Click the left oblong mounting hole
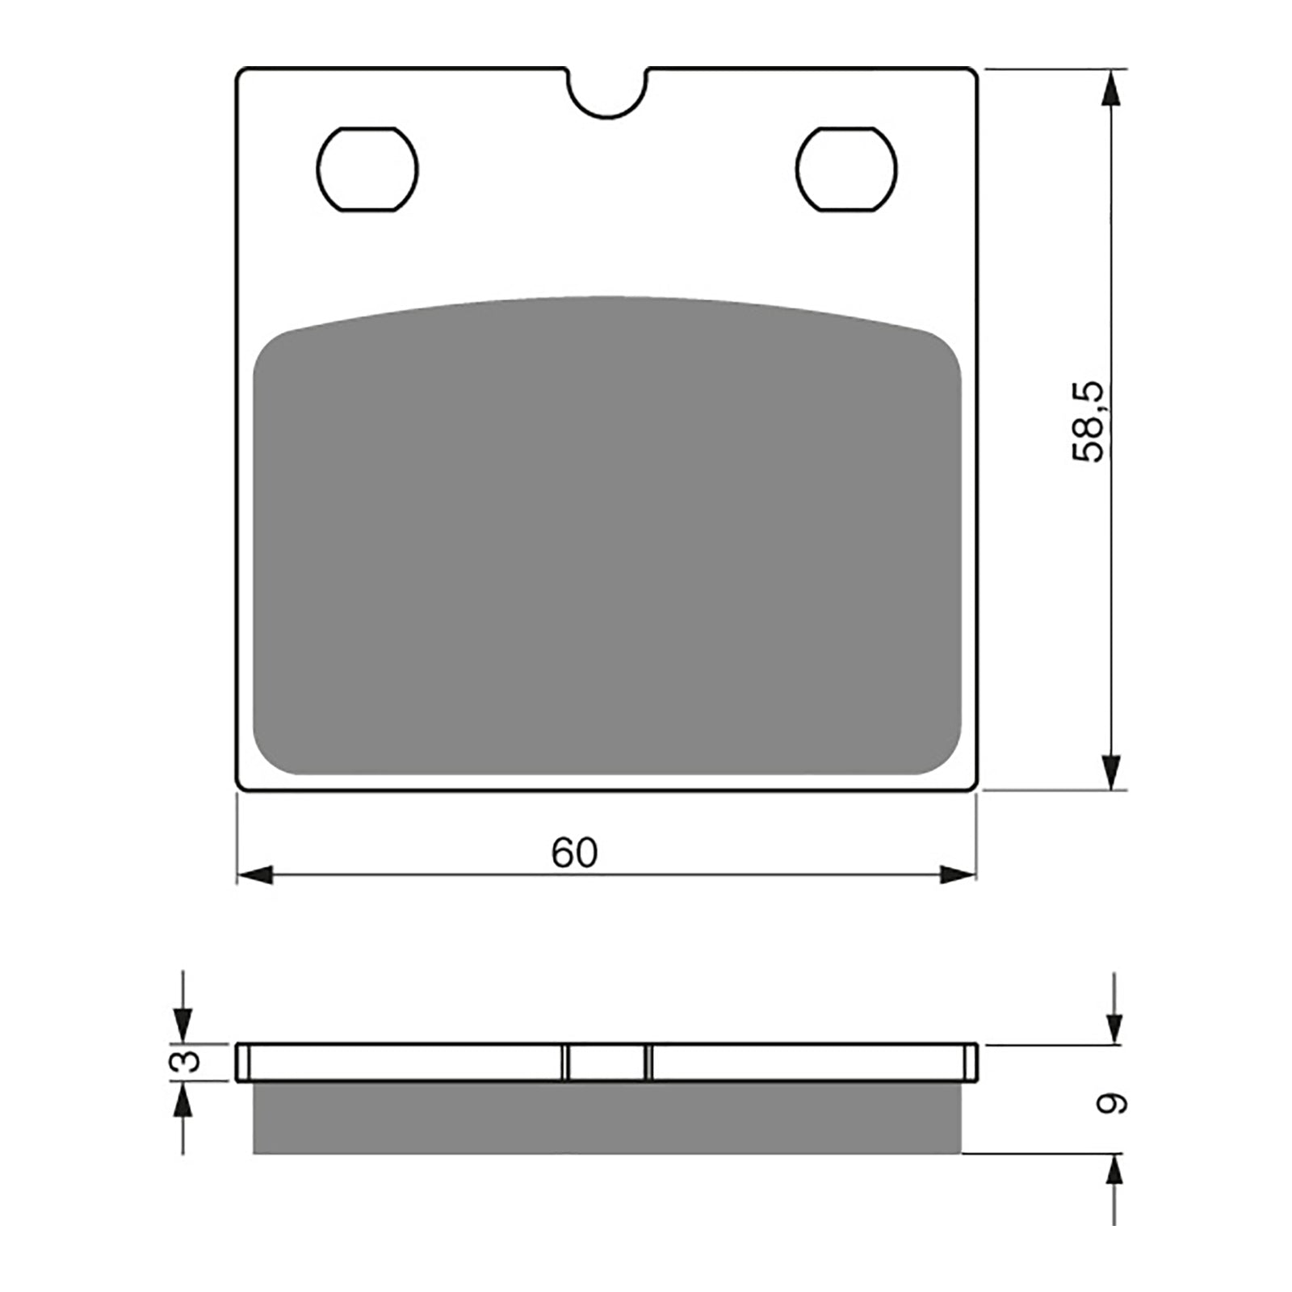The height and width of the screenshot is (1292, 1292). tap(367, 170)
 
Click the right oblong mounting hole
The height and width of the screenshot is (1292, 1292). tap(846, 170)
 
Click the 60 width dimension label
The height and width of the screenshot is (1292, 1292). tap(574, 853)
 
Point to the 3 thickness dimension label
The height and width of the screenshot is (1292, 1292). tap(186, 1061)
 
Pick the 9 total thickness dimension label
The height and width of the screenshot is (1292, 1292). tap(1113, 1103)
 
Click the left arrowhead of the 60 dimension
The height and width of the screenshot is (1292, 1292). tap(255, 874)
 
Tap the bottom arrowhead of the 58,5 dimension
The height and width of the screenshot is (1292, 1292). tap(1112, 771)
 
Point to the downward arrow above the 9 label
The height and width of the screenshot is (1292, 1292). tap(1114, 1026)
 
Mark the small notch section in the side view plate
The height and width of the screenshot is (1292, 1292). tap(607, 1062)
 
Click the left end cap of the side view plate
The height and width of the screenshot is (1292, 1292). tap(242, 1062)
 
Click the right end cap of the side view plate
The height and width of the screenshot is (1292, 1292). tap(971, 1062)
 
